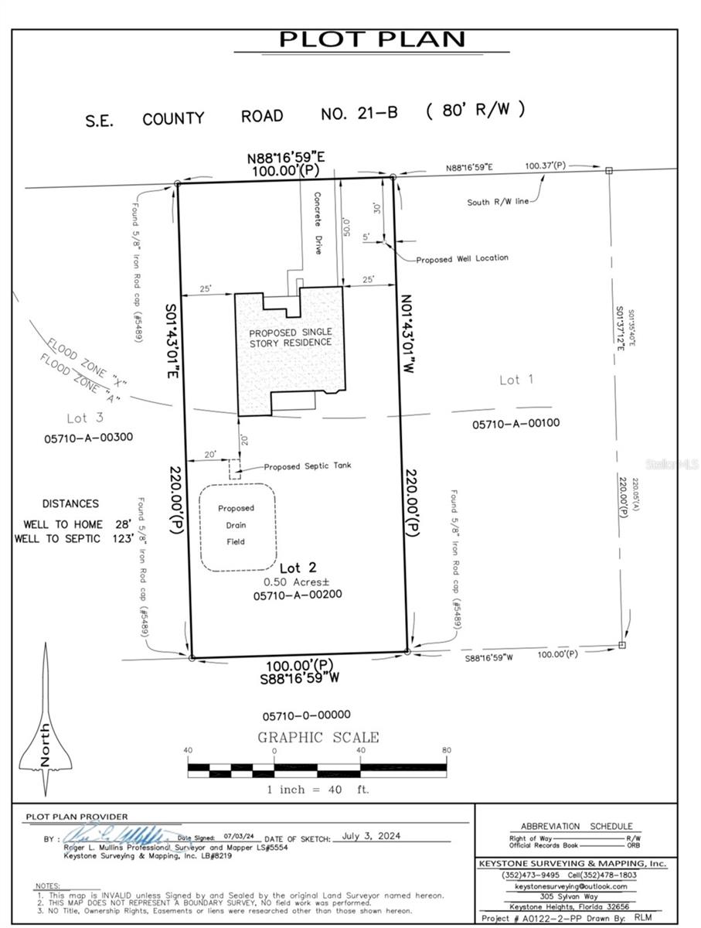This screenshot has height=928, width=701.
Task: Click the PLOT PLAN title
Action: point(372,39)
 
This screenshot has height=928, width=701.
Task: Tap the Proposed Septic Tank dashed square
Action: point(234,469)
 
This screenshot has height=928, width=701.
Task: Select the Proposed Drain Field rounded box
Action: point(237,527)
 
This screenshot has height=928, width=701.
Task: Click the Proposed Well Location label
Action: point(461,258)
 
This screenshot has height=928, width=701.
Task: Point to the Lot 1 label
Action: point(517,380)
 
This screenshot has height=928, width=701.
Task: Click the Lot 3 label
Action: point(85,418)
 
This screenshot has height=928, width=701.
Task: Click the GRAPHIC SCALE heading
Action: point(318,737)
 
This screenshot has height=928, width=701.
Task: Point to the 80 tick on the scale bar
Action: point(446,750)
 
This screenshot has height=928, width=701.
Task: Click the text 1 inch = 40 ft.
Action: point(318,790)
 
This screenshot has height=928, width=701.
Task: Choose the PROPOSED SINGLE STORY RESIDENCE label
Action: point(290,338)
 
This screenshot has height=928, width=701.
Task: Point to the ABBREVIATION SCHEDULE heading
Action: point(576,826)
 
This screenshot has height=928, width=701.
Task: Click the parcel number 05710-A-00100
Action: point(516,423)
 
